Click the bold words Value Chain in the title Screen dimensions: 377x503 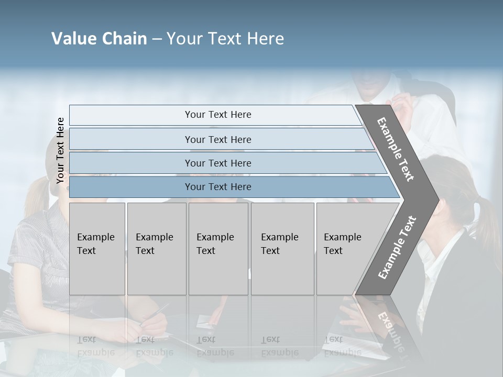[99, 39]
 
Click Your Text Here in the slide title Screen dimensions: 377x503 [225, 39]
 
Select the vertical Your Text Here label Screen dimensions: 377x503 [60, 151]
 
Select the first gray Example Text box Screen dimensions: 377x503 [97, 249]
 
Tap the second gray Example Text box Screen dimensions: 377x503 [157, 249]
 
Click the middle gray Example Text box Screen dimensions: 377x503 [218, 249]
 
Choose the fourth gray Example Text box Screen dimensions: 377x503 [282, 249]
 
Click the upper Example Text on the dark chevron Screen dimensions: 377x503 [396, 149]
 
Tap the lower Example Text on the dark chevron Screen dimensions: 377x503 [397, 247]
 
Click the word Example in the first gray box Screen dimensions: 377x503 [95, 237]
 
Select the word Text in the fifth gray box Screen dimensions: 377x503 [333, 251]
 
